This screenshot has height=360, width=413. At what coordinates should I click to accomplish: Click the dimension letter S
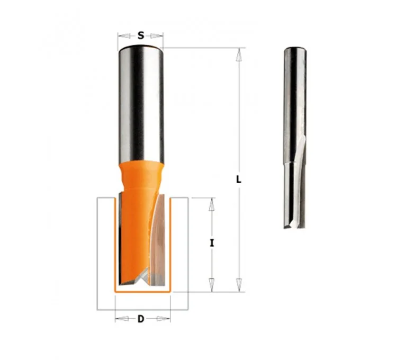click(141, 35)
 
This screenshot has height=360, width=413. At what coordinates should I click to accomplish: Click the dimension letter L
click(238, 179)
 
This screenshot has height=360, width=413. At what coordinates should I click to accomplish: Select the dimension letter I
click(212, 244)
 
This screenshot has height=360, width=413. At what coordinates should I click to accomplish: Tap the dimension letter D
click(141, 319)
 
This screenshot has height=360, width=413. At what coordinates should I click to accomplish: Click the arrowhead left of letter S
click(124, 35)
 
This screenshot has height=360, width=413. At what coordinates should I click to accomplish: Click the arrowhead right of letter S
click(157, 35)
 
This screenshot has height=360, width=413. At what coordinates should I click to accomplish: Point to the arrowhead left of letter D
click(122, 319)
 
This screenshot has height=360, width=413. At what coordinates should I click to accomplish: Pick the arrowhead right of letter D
click(163, 319)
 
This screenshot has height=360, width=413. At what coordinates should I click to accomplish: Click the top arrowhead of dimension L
click(239, 55)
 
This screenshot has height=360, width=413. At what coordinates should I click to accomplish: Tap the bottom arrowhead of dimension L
click(239, 285)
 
